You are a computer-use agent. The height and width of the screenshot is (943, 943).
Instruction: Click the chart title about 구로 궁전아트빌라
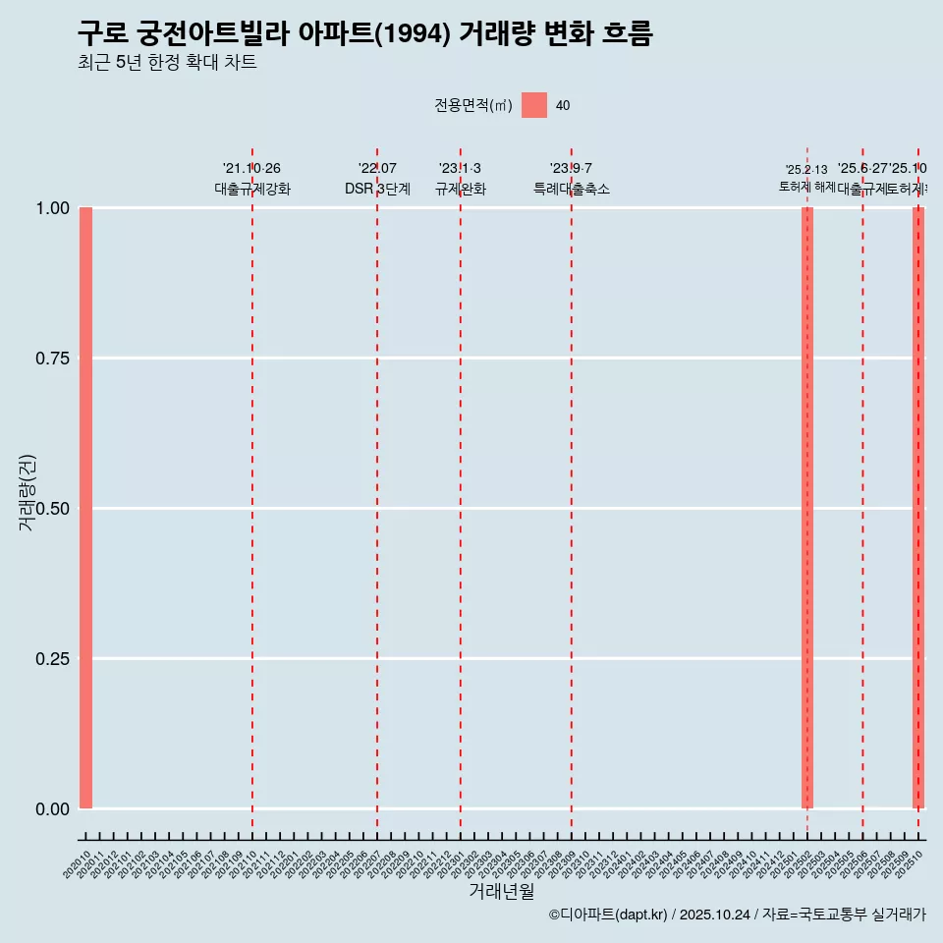pyautogui.click(x=364, y=33)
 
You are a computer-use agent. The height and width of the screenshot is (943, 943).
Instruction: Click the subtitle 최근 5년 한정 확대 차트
pyautogui.click(x=167, y=63)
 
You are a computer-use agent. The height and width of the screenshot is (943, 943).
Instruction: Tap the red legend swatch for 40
pyautogui.click(x=533, y=105)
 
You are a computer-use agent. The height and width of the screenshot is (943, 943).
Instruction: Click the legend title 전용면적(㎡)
pyautogui.click(x=472, y=105)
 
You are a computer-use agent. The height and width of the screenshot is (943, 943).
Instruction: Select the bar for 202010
pyautogui.click(x=86, y=508)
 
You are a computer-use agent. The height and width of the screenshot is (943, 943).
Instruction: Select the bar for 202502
pyautogui.click(x=807, y=508)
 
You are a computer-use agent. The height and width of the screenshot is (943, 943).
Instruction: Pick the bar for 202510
pyautogui.click(x=918, y=508)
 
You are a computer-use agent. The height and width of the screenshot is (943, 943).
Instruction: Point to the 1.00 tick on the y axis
pyautogui.click(x=52, y=208)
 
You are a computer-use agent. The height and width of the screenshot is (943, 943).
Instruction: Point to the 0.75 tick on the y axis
pyautogui.click(x=52, y=359)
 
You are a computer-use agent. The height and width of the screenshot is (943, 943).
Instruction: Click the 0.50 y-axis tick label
pyautogui.click(x=52, y=509)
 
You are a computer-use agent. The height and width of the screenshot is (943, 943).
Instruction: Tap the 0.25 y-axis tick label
pyautogui.click(x=52, y=658)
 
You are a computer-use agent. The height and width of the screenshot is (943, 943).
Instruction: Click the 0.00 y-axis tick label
pyautogui.click(x=52, y=808)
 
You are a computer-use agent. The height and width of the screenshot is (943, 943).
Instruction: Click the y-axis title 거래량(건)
pyautogui.click(x=27, y=492)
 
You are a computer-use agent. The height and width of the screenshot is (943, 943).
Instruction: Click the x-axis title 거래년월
pyautogui.click(x=501, y=891)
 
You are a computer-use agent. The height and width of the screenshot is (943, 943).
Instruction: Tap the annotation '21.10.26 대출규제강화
pyautogui.click(x=252, y=179)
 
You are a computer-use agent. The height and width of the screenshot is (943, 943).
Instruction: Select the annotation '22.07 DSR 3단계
pyautogui.click(x=377, y=179)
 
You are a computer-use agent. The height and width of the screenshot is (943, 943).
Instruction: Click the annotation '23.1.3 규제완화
pyautogui.click(x=460, y=179)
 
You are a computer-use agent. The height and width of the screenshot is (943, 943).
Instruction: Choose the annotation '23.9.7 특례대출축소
pyautogui.click(x=571, y=179)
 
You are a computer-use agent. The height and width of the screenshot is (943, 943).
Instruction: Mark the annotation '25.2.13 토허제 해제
pyautogui.click(x=806, y=178)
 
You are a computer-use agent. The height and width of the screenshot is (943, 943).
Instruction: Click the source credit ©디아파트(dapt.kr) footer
pyautogui.click(x=737, y=915)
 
